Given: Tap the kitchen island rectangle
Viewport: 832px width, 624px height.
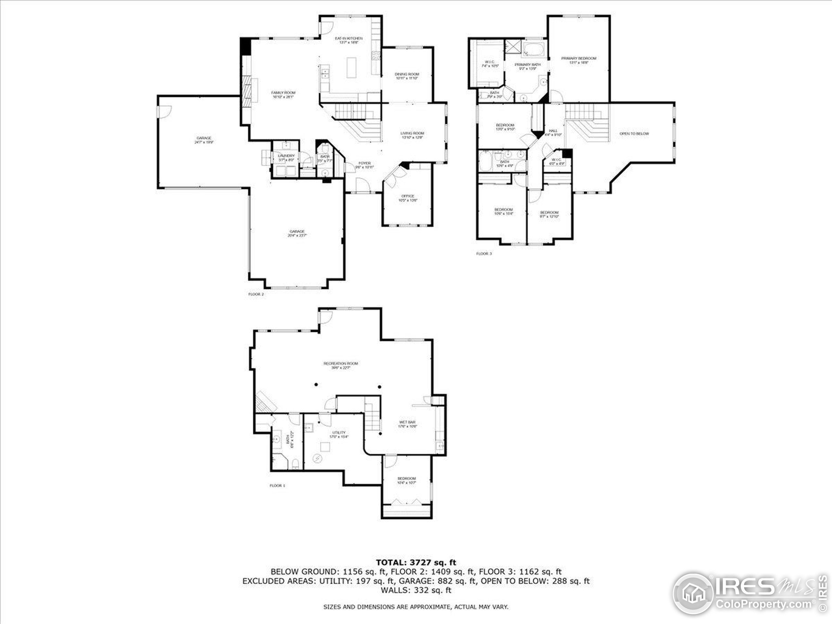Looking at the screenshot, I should pyautogui.click(x=351, y=68).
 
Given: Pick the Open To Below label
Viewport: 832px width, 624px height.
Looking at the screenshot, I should pyautogui.click(x=634, y=134).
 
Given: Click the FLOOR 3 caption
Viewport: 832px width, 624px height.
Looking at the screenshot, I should pyautogui.click(x=484, y=253).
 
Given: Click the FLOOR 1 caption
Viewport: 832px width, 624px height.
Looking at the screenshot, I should pyautogui.click(x=277, y=486).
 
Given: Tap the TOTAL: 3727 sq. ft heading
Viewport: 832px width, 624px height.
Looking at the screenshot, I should pyautogui.click(x=416, y=562).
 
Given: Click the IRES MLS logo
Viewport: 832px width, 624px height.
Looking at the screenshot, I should pyautogui.click(x=748, y=593).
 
